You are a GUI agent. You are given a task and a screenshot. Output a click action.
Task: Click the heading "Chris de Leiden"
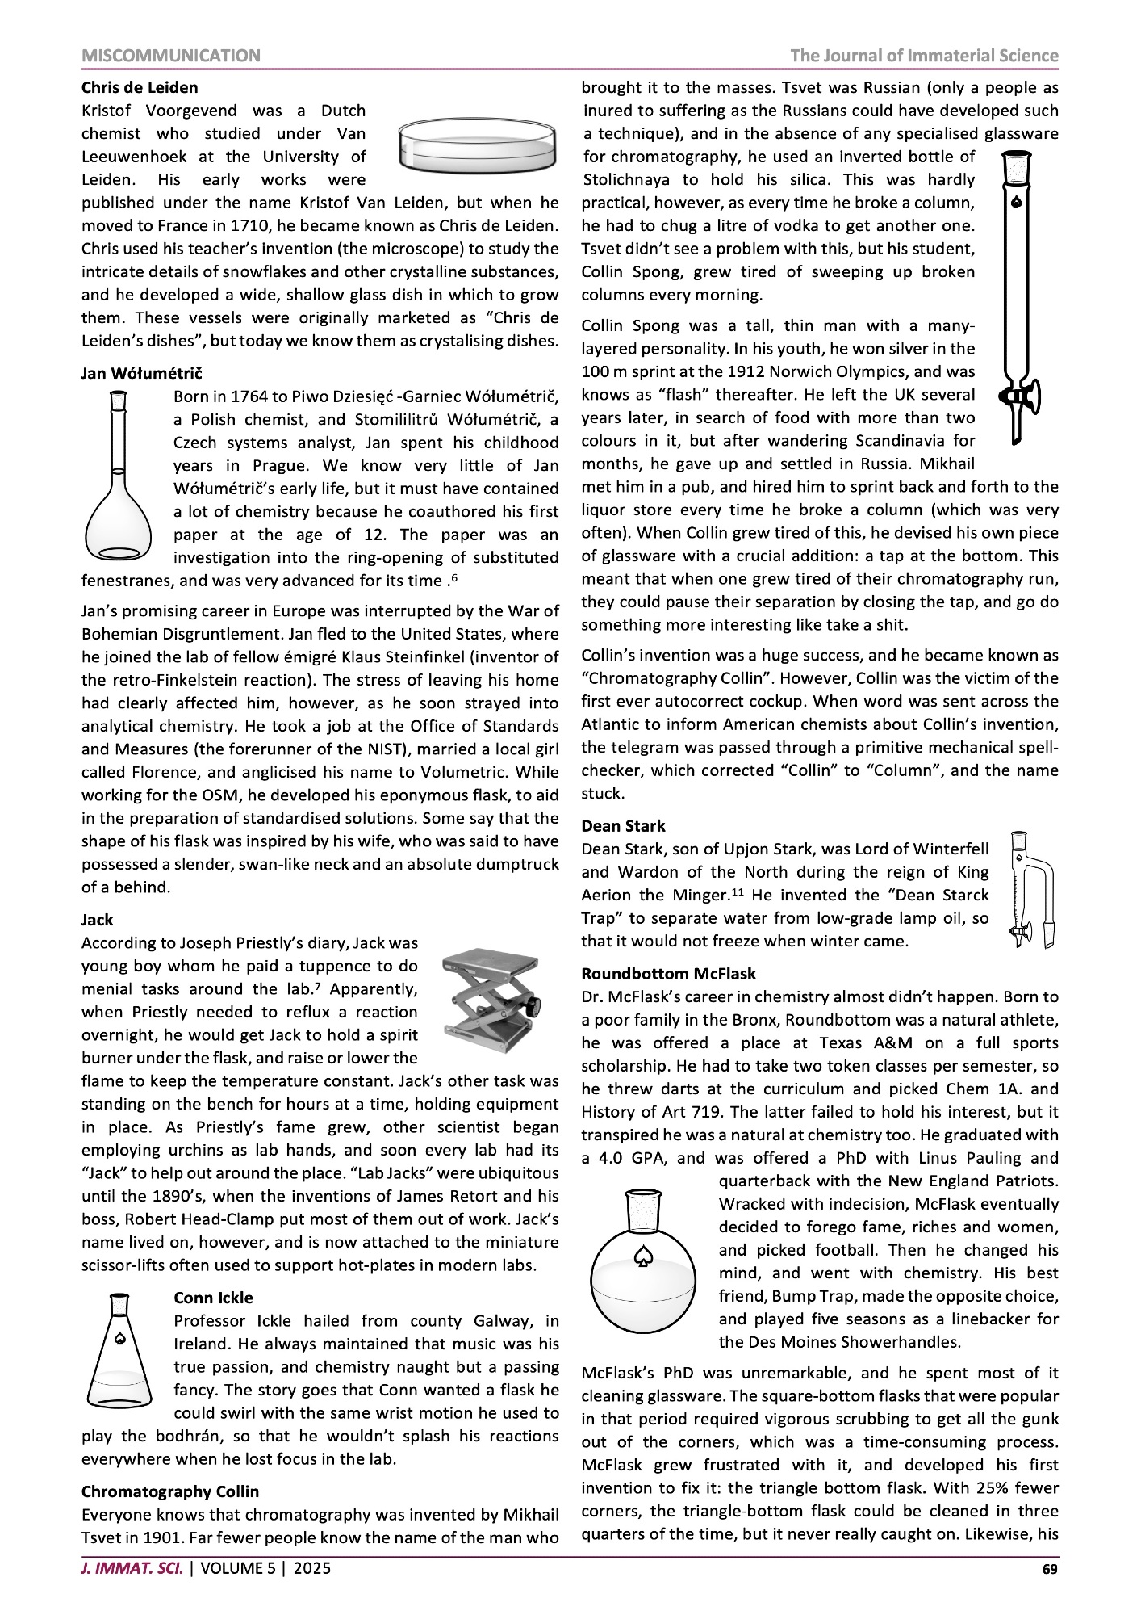click(140, 87)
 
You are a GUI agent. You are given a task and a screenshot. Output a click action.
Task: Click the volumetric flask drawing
click(119, 476)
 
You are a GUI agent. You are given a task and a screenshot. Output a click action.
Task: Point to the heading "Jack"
click(98, 920)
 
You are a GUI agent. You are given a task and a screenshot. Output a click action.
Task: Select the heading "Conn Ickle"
click(213, 1298)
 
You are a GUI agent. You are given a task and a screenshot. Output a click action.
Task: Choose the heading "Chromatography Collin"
click(170, 1491)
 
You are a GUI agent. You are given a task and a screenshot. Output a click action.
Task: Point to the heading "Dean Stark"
click(623, 826)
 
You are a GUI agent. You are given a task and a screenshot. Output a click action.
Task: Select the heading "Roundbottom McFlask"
click(669, 974)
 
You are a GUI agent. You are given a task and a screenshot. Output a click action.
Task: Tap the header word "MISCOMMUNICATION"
click(171, 56)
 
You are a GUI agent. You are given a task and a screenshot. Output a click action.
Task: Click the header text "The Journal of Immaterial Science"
click(924, 56)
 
